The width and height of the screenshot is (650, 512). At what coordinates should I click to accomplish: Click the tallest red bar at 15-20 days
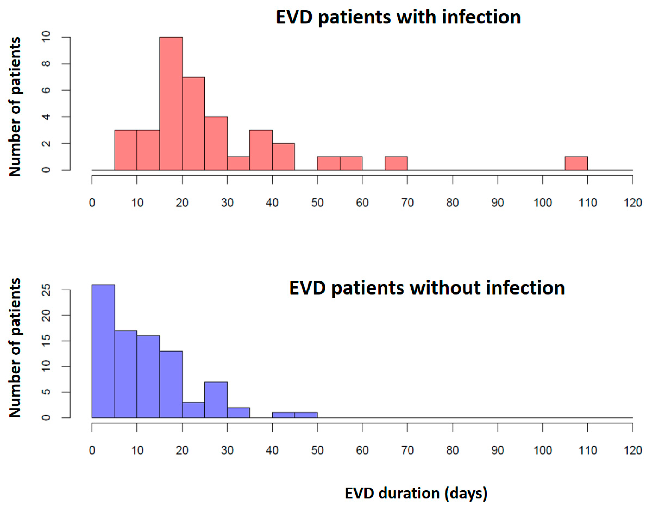click(171, 103)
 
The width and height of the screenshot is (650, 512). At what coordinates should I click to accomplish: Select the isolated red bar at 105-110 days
click(576, 163)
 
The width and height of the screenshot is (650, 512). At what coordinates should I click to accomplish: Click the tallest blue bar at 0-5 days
click(103, 351)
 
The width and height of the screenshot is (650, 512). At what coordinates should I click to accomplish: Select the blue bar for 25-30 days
click(216, 400)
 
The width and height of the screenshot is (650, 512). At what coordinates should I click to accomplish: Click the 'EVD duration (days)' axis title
click(416, 493)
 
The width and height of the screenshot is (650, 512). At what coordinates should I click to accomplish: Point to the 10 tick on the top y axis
click(46, 37)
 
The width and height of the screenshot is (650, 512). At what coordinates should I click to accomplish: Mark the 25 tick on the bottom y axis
click(46, 290)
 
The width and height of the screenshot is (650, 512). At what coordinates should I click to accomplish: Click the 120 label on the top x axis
click(632, 203)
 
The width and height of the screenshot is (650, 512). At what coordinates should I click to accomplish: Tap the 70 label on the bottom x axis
click(407, 450)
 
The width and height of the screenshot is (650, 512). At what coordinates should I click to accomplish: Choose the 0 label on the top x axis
click(92, 203)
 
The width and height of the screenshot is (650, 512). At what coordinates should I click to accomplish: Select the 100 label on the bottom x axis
click(543, 450)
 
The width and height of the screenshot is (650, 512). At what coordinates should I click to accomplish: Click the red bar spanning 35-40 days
click(261, 150)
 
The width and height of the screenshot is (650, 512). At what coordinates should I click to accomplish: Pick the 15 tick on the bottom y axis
click(46, 341)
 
